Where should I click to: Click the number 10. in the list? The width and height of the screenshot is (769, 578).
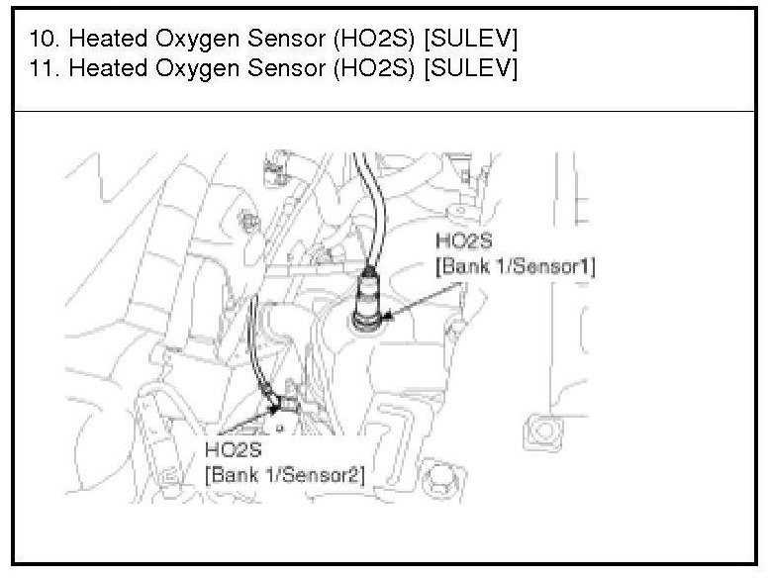(x=45, y=39)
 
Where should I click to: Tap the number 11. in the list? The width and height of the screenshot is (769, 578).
(x=45, y=67)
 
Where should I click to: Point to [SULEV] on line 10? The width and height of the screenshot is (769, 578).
(x=471, y=39)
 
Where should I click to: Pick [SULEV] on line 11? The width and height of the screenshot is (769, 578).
(x=471, y=68)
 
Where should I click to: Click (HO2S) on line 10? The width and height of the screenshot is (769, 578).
(x=374, y=39)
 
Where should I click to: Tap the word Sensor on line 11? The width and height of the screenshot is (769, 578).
(x=286, y=67)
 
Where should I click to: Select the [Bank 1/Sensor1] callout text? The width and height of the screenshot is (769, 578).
(x=516, y=266)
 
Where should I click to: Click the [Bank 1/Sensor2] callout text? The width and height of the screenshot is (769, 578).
(x=285, y=474)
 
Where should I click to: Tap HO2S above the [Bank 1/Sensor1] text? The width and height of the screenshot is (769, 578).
(x=463, y=241)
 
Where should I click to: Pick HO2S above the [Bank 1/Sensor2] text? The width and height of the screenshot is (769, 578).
(x=234, y=449)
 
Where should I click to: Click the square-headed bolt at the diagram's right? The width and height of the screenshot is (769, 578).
(x=543, y=432)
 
